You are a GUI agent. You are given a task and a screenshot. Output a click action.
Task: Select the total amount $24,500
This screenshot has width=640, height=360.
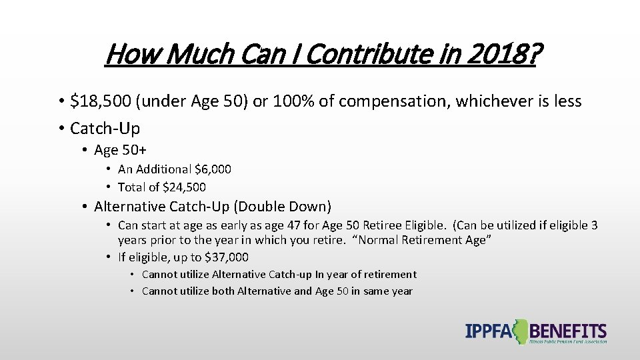[x=184, y=187]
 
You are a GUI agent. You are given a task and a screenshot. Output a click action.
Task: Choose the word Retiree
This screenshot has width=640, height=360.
[x=391, y=225]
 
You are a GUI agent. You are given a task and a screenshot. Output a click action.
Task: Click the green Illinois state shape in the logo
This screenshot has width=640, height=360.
[x=520, y=331]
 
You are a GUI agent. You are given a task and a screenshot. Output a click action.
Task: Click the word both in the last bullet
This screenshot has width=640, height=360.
[x=225, y=291]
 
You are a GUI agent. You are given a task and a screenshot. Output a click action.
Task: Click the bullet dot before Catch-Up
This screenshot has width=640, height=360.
[x=60, y=128]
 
